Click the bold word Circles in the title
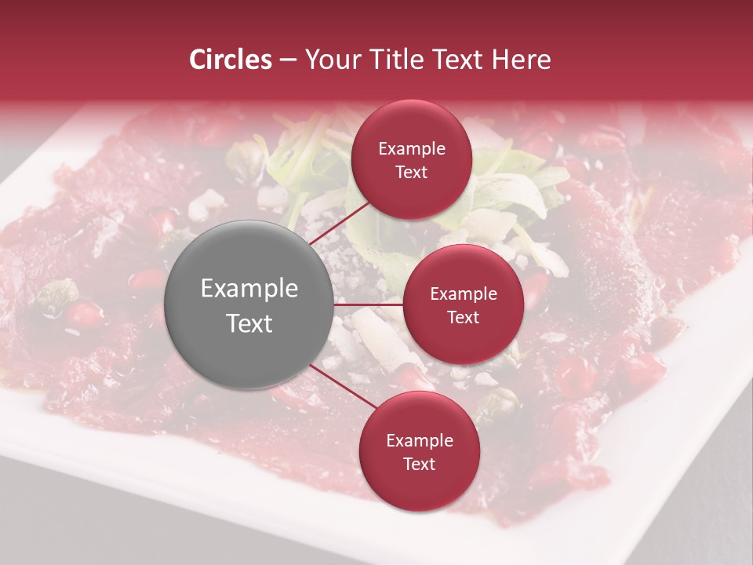[231, 60]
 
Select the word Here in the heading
[522, 60]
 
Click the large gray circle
[249, 304]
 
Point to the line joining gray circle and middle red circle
[369, 304]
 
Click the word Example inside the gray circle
[249, 289]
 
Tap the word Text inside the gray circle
[249, 323]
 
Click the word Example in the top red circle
[411, 148]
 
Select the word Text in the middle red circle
[463, 317]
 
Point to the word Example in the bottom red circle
[419, 441]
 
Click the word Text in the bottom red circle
[419, 464]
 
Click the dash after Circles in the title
[288, 60]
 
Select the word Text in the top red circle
[411, 172]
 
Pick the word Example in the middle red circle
[463, 294]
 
